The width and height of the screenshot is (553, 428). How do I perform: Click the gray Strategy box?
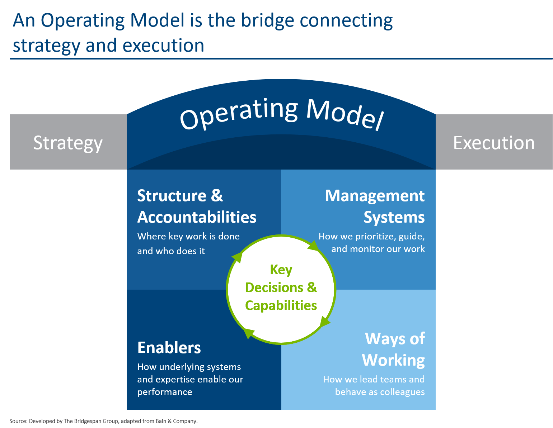(68, 142)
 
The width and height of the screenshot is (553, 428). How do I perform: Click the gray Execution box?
(494, 142)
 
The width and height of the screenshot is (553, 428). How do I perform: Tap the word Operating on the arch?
(239, 114)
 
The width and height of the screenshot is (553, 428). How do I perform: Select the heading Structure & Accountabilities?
(197, 206)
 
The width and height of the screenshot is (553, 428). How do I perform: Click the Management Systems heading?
(375, 206)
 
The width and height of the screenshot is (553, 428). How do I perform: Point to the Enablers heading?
(169, 348)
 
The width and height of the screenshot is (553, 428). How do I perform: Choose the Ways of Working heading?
(394, 349)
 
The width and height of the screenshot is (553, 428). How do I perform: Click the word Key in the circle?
(281, 270)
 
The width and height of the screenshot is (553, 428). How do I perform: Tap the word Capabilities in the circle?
(281, 305)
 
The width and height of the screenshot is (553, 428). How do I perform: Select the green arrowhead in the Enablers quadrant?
(249, 333)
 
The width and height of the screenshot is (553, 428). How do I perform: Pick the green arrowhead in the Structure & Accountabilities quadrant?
(237, 257)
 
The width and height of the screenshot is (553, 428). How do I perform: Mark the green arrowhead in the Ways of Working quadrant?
(324, 322)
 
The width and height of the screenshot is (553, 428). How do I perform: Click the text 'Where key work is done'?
(188, 236)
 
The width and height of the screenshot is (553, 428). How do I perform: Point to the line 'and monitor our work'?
(378, 249)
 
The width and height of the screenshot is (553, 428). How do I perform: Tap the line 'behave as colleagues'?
(380, 392)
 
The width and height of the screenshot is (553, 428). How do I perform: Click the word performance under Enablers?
(165, 392)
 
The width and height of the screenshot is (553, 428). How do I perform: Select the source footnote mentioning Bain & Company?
(103, 421)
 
